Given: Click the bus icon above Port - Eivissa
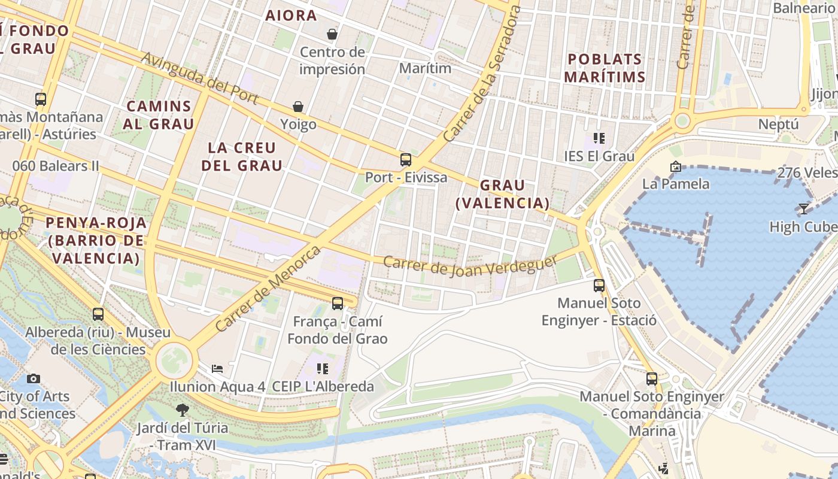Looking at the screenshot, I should pos(406,160).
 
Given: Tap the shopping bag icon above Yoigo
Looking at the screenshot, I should pos(298,107).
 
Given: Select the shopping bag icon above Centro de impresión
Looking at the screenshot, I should pos(332,34).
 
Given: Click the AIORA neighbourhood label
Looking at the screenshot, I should pos(291,16).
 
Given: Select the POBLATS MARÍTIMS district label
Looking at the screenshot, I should pos(605,68).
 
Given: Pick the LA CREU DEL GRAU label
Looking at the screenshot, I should pos(242,156).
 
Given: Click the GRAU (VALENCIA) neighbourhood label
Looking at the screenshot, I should pos(502,194).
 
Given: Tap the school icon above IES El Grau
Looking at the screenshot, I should pos(599,138).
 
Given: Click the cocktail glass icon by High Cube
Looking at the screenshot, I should pos(803,209).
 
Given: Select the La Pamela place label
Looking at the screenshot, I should pos(676,183).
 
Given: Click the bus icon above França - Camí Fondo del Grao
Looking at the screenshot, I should pos(338,304).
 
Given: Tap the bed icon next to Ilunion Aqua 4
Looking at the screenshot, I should pos(217,368).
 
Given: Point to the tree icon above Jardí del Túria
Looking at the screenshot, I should pos(183,410).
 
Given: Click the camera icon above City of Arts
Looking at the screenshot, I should pos(34,378).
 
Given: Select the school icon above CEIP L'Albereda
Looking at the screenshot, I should pos(323,368).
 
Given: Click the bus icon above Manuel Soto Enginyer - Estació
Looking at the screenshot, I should pos(599,286).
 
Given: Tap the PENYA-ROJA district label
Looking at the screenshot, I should pos(96,241).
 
